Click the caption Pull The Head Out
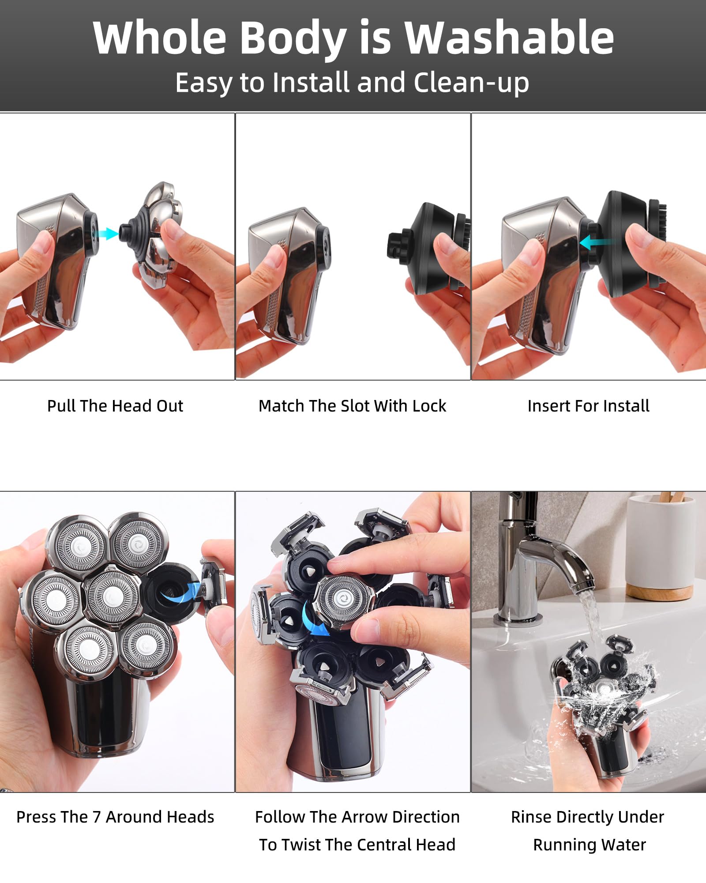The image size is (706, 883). click(115, 406)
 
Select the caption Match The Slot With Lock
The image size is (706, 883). click(352, 406)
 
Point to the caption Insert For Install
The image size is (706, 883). click(588, 406)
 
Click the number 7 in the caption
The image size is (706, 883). click(97, 817)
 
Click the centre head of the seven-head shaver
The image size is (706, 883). click(113, 597)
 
